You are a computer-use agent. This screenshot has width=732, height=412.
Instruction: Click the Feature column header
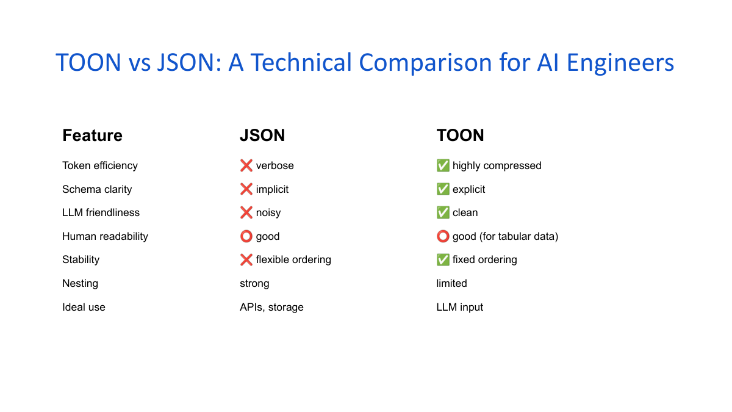click(92, 136)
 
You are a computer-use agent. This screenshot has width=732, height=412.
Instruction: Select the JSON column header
click(262, 136)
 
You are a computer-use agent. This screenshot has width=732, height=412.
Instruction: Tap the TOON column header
click(460, 136)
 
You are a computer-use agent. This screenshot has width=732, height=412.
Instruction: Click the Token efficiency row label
click(100, 166)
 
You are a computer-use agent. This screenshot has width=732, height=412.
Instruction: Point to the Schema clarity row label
click(97, 189)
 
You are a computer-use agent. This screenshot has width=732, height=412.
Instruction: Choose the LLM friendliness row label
click(101, 213)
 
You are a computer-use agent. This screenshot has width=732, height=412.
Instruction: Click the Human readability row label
click(105, 236)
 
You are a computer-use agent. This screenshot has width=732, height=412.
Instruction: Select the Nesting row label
click(80, 283)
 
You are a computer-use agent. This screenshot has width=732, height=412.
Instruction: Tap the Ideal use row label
click(84, 307)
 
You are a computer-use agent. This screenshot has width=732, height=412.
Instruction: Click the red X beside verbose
click(246, 166)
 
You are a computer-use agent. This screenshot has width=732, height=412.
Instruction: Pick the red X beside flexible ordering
click(246, 260)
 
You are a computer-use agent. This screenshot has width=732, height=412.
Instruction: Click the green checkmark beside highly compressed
click(443, 166)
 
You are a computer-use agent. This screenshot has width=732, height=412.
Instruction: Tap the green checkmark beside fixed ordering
click(443, 260)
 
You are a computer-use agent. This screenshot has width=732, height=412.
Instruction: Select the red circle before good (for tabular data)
click(443, 236)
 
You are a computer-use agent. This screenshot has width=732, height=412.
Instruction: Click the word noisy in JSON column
click(268, 213)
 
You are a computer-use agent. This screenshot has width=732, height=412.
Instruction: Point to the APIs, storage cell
click(271, 307)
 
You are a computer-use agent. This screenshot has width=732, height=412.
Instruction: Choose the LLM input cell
click(459, 307)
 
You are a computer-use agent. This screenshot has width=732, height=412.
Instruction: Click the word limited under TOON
click(451, 283)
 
